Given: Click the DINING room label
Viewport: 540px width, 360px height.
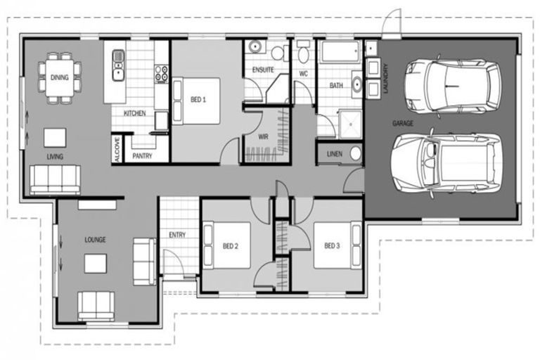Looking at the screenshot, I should point(59,78).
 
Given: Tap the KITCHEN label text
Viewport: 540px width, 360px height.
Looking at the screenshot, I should point(134,113).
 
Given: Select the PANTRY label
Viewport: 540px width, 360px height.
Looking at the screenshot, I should point(143,157).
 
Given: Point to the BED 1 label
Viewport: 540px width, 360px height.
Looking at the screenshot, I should point(198,100).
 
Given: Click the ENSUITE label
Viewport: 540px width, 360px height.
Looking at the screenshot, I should point(263,70).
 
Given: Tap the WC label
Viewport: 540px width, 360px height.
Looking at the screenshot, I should point(304,73).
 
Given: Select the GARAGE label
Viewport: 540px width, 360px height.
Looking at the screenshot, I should point(403,123).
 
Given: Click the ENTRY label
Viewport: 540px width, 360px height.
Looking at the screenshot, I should point(177,235).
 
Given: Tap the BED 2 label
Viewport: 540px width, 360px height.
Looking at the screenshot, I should point(231,246).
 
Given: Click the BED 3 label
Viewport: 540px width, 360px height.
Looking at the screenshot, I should point(332,246).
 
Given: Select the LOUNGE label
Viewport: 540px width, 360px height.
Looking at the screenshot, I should point(95,240).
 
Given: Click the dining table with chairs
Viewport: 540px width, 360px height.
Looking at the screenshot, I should point(59,77).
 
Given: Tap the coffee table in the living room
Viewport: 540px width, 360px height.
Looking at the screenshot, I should point(55,136).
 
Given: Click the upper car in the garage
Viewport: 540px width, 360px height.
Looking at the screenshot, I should point(454,84).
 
